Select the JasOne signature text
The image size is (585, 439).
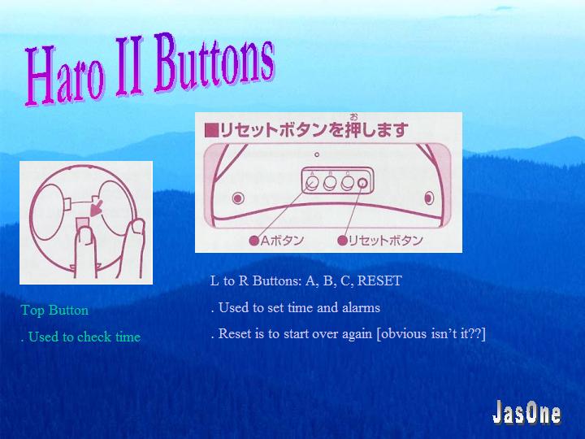tap(526, 412)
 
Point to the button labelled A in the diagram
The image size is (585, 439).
tap(312, 183)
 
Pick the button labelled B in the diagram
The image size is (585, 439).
tap(330, 183)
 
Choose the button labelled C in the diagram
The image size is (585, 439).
tap(348, 183)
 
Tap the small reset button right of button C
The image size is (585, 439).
tap(362, 183)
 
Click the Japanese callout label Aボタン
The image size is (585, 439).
tap(276, 241)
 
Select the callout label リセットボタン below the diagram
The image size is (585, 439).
tap(380, 241)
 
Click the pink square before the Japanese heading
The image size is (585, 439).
tap(211, 131)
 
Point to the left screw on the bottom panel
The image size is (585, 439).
tap(238, 198)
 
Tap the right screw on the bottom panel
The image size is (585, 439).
tap(429, 198)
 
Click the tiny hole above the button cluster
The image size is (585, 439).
tap(317, 154)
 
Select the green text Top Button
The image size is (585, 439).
tap(54, 311)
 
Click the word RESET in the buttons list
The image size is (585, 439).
tap(379, 280)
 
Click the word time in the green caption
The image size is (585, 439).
tap(128, 337)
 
